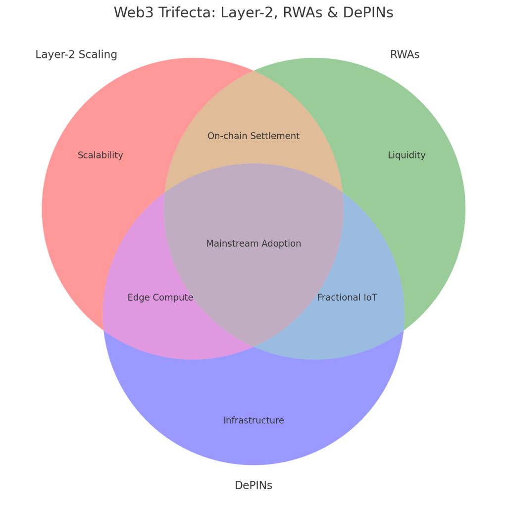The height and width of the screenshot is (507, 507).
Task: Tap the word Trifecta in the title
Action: coord(185,13)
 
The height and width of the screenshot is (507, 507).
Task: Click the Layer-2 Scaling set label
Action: coord(76,54)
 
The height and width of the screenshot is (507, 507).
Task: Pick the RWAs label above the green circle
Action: coord(405,54)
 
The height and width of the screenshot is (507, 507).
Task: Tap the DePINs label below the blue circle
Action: coord(253,485)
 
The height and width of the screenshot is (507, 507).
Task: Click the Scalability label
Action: coord(101,155)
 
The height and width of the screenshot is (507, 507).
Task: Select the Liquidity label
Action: coord(406,155)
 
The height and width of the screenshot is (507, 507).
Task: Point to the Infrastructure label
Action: coord(253,420)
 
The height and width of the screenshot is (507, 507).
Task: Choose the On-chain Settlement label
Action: coord(253,136)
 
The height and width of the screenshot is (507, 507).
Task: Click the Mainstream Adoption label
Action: coord(253,244)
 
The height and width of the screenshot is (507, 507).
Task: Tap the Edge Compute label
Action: coord(160,298)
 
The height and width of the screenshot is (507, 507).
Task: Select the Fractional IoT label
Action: coord(347,298)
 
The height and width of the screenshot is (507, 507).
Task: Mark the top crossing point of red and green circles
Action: coord(253,71)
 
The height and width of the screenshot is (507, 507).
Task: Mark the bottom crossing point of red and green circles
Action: coord(253,347)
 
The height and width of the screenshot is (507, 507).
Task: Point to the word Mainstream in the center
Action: coord(229,244)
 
